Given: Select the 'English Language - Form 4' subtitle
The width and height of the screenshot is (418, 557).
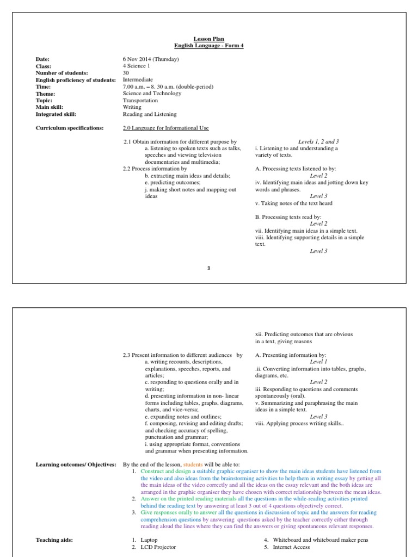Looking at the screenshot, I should [208, 46].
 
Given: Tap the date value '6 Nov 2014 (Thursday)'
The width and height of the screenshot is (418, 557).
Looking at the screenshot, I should [151, 59].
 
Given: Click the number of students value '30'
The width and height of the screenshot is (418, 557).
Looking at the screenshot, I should [127, 73].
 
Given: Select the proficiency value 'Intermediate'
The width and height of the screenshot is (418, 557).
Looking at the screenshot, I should [139, 79].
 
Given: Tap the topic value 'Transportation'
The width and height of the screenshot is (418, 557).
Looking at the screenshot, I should [140, 101].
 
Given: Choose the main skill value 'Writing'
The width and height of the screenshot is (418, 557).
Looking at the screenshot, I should [132, 107].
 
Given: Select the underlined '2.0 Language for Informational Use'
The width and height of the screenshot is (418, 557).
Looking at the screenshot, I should [165, 128].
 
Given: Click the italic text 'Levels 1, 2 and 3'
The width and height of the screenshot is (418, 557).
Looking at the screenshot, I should [318, 141].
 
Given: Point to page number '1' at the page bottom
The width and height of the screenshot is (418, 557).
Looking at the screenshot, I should [208, 268].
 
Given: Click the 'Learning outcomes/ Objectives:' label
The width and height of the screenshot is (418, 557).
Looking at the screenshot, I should [76, 465].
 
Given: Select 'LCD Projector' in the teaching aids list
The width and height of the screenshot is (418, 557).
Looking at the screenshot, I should [158, 547].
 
